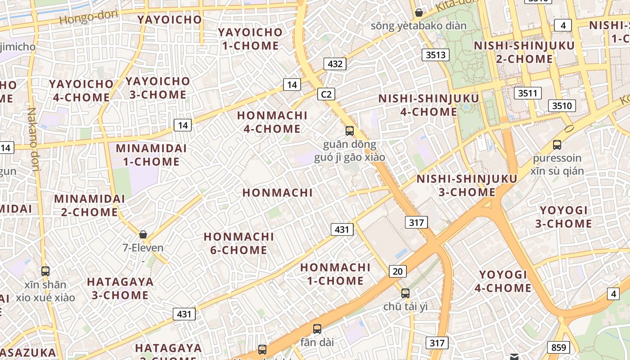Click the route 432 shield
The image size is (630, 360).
pos(335,64)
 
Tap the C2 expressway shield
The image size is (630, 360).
pos(326,94)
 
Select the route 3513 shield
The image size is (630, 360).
pos(436,55)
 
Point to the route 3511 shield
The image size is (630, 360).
pos(528,93)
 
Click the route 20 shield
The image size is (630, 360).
pos(397,271)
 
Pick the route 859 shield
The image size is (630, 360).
pos(558,347)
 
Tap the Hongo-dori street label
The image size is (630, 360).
pos(88,18)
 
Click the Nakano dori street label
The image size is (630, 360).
pos(33,139)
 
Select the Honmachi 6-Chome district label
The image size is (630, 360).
pos(238,243)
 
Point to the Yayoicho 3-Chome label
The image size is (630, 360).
pos(157,88)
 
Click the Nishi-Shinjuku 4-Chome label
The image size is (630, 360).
pos(428,105)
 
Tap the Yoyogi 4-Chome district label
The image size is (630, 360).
pos(503,281)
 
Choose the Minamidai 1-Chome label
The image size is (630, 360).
pos(148,155)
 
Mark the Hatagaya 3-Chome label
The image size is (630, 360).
pos(120,288)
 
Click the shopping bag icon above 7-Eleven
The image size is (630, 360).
pos(143,234)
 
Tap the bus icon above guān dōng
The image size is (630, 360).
pos(349,131)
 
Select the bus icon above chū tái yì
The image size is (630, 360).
pos(405,293)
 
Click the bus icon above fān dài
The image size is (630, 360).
pos(317,329)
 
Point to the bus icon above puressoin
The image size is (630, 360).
pos(557,145)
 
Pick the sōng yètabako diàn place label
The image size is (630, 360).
pos(418,26)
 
